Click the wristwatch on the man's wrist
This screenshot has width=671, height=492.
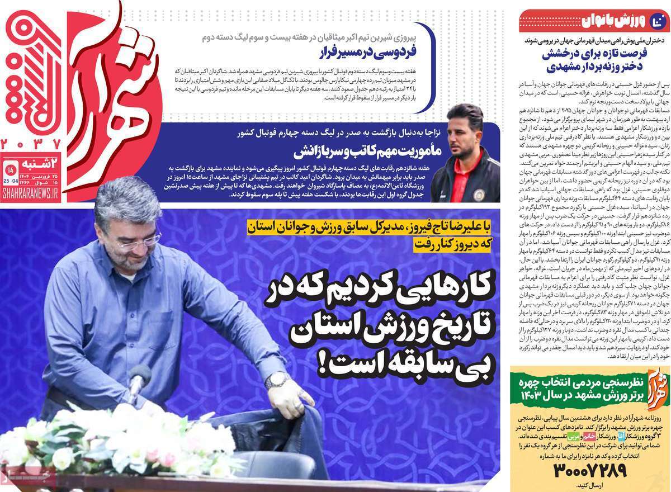pos(276,381)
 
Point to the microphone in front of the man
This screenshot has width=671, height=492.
pos(139,376)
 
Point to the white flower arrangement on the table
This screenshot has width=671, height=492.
pos(123,442)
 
